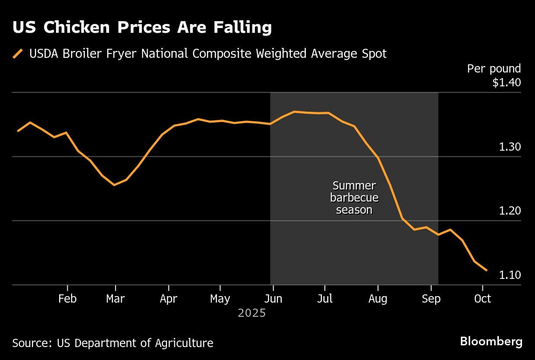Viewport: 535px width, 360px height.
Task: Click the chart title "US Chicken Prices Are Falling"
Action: (142, 28)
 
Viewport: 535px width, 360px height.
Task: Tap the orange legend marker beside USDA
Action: (18, 54)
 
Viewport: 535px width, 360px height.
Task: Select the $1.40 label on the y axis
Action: (507, 82)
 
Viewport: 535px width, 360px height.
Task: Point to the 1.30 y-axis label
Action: (510, 147)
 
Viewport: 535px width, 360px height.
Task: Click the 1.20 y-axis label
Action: (510, 211)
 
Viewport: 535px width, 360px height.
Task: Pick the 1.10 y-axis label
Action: (510, 275)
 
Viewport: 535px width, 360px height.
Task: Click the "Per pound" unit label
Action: (494, 69)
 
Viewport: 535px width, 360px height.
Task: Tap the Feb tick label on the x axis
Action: (67, 299)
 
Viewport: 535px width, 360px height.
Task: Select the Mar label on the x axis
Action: (115, 299)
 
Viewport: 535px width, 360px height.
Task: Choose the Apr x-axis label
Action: (168, 299)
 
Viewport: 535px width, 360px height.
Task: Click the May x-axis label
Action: (220, 299)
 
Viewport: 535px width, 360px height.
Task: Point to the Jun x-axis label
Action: (273, 299)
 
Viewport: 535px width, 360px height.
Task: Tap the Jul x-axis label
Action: (324, 299)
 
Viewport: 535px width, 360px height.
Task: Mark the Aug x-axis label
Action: (378, 299)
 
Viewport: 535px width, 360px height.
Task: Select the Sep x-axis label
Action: (431, 299)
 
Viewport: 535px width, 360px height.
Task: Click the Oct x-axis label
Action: (482, 299)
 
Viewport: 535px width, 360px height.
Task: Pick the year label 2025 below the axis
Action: (252, 313)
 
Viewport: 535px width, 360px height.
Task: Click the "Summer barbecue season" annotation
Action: (354, 198)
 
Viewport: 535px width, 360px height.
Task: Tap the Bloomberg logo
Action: (491, 341)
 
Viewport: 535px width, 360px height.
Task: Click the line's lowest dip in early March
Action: (114, 185)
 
